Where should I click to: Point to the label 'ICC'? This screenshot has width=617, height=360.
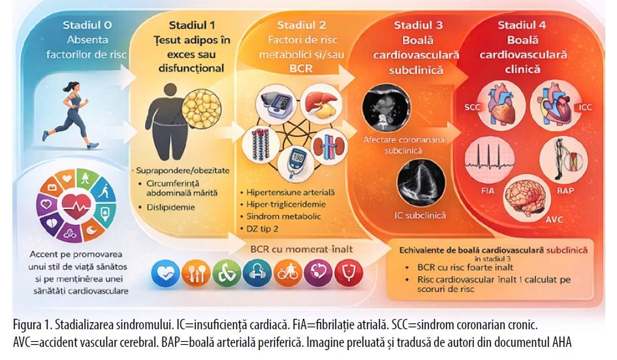[585, 107]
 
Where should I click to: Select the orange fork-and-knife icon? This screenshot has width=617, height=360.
[194, 274]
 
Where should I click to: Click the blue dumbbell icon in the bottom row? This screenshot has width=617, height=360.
[257, 274]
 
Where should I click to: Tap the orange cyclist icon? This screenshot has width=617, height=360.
[288, 274]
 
